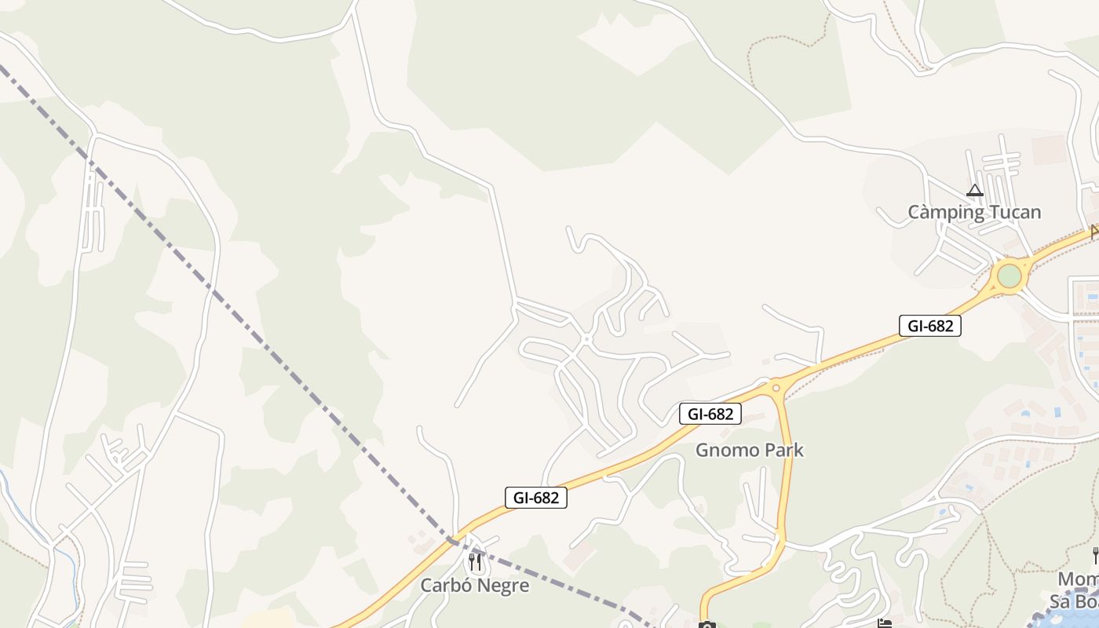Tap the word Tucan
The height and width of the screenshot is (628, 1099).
click(x=1014, y=212)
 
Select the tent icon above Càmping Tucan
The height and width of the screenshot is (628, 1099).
click(x=974, y=190)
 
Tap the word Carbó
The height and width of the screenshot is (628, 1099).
click(x=445, y=586)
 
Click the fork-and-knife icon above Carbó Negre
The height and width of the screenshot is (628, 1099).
click(x=474, y=562)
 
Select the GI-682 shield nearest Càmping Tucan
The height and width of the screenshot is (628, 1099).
click(x=929, y=326)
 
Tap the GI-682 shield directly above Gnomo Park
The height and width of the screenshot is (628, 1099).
click(x=710, y=414)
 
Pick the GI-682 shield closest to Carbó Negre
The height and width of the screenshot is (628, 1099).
click(x=535, y=498)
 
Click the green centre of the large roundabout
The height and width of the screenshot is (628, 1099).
click(x=1009, y=276)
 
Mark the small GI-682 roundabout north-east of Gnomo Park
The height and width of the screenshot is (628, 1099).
click(x=776, y=387)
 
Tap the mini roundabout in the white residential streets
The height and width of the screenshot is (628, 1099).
click(x=586, y=339)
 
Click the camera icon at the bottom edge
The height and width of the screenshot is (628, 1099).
click(x=706, y=625)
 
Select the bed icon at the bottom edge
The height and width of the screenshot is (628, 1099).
click(x=885, y=624)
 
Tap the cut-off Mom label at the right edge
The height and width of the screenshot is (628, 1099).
click(x=1077, y=580)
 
